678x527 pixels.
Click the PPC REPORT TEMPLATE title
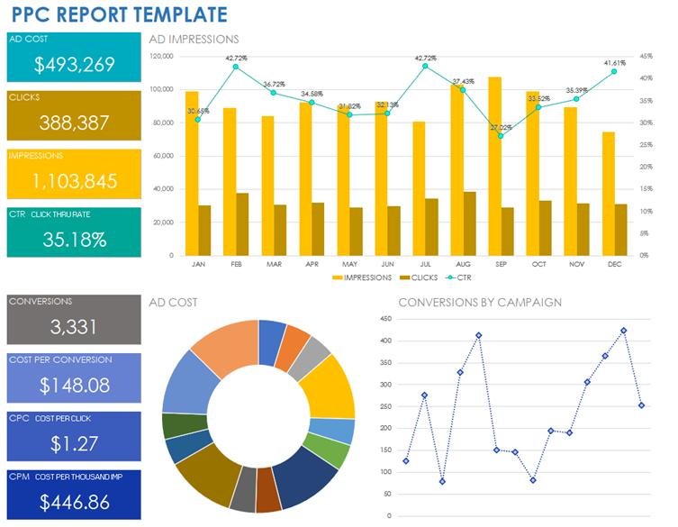[120, 14]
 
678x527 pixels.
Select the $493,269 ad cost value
[74, 64]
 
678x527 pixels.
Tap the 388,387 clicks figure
[74, 123]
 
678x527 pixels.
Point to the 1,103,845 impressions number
[74, 181]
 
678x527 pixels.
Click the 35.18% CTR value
[74, 240]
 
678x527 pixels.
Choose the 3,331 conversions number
[74, 326]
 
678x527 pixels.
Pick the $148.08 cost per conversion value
[74, 385]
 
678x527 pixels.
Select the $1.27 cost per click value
[74, 443]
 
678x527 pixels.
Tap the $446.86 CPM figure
[74, 502]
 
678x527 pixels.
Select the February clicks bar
[242, 223]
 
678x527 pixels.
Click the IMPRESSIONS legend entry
[361, 278]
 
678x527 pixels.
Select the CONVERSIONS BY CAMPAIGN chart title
[480, 303]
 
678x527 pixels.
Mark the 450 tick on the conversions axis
[384, 319]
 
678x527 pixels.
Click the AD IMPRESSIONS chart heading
[194, 40]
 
